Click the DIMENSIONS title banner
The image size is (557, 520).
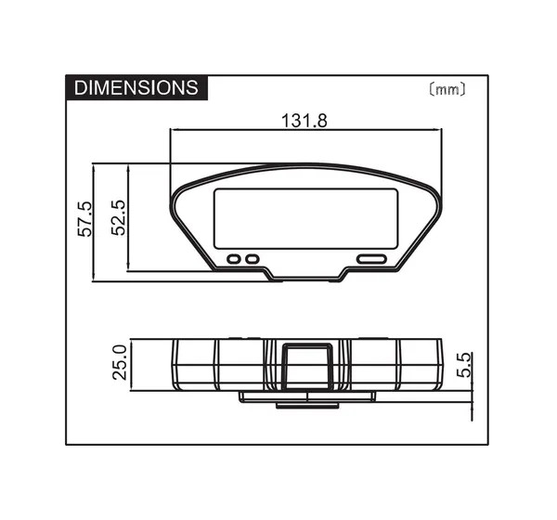136,87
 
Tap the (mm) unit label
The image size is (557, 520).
447,89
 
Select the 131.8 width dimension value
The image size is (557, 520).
304,121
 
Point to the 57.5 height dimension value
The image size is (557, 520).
84,219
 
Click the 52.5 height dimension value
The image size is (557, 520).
119,218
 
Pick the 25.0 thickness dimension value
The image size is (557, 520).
120,362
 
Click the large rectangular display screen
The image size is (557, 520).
305,218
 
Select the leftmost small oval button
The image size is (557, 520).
234,259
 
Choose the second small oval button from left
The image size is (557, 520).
253,259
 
